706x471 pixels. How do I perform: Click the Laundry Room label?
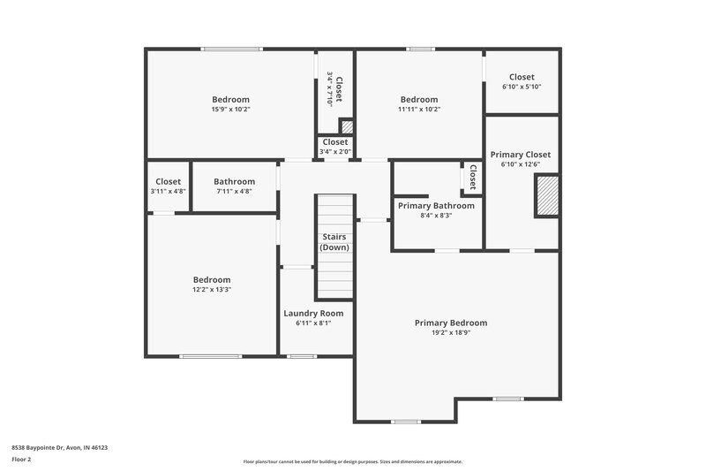313,313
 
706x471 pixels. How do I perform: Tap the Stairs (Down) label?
334,242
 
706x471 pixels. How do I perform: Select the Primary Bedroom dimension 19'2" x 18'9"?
450,333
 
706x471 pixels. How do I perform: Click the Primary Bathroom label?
436,206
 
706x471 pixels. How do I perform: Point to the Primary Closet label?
521,154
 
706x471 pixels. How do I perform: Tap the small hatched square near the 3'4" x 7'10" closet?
347,126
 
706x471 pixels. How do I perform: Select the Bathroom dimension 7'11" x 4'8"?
234,191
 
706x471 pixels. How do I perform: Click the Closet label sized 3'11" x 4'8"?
168,181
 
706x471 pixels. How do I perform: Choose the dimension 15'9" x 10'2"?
230,110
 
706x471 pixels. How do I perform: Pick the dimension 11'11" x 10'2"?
418,110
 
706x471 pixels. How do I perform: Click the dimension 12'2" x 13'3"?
212,289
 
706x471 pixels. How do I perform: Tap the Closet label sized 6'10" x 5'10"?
522,77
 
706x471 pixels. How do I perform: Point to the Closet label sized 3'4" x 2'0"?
335,141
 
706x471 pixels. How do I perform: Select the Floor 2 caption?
21,460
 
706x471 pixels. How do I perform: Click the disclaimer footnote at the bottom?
352,461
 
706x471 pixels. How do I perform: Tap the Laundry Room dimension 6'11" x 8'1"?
313,323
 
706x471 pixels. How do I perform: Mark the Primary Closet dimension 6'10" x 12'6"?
521,164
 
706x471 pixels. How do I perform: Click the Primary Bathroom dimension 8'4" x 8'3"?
436,216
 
